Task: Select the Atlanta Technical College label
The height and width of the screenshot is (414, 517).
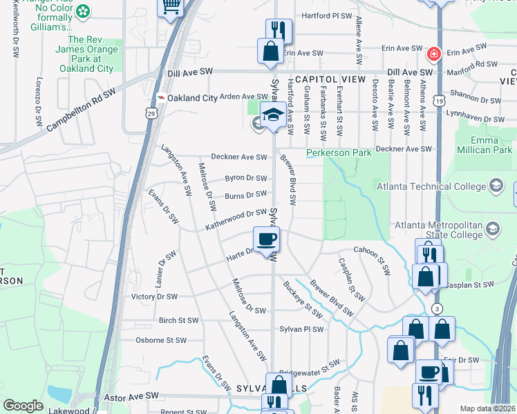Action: coord(432,186)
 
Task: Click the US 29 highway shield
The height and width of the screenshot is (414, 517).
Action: coord(151,112)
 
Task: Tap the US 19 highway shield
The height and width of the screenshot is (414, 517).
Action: coord(439,101)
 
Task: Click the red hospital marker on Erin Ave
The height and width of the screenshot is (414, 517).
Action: coord(434,53)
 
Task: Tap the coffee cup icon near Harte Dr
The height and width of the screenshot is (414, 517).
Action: coord(267,240)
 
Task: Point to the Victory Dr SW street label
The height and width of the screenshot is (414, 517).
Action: coord(154,297)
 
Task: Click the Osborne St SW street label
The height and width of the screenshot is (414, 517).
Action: coord(161,340)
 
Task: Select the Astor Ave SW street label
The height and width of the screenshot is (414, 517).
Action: coord(131,396)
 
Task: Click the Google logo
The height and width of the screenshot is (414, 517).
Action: coord(23,406)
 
